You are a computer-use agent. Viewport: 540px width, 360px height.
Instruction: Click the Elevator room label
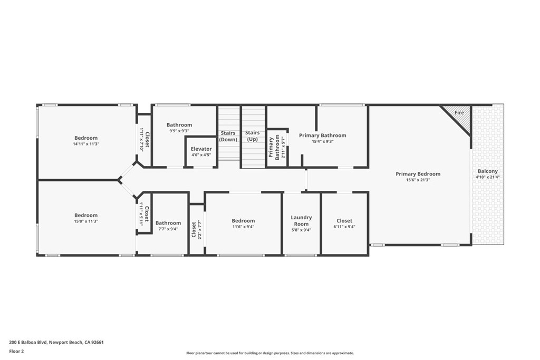click(x=201, y=149)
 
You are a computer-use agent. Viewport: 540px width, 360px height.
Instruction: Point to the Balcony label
click(x=488, y=171)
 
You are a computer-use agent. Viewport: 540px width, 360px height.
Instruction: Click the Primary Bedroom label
click(x=418, y=174)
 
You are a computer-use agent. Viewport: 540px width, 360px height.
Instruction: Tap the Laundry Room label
click(x=302, y=220)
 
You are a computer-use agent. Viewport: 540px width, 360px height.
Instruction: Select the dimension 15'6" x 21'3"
click(x=418, y=180)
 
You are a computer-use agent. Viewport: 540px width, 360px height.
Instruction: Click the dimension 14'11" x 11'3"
click(x=86, y=144)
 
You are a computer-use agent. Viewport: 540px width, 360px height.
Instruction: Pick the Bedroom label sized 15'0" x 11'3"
click(x=86, y=215)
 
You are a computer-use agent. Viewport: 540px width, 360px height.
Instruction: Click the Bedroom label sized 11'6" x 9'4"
click(x=243, y=221)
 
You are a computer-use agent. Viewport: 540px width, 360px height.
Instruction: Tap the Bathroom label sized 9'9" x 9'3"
click(x=179, y=125)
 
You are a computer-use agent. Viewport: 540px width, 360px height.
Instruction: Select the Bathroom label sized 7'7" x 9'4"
click(x=168, y=223)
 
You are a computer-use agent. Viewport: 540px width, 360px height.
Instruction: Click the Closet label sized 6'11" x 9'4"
click(x=344, y=221)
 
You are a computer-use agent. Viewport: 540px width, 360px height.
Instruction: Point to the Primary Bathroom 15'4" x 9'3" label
click(x=323, y=135)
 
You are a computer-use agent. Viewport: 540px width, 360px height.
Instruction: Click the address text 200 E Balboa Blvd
click(x=56, y=342)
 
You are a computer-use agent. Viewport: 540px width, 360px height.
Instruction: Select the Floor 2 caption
click(x=17, y=351)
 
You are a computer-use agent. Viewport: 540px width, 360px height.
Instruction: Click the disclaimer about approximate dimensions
click(x=269, y=353)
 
